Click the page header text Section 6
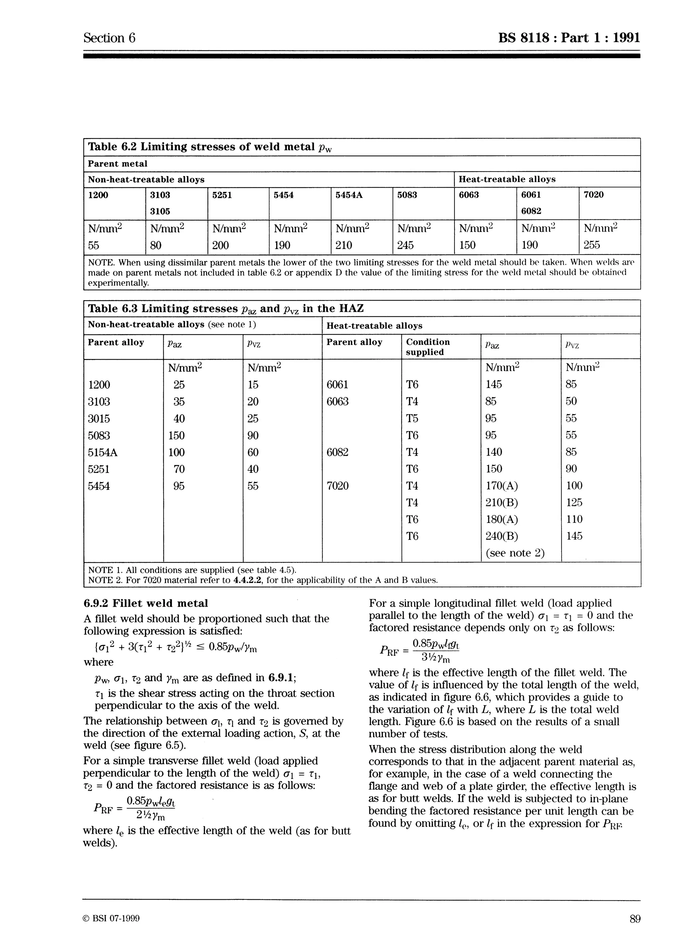[x=109, y=38]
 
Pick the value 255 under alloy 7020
[x=592, y=245]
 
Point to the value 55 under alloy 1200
[x=94, y=245]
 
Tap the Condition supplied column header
[x=428, y=347]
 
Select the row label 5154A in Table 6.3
[x=103, y=452]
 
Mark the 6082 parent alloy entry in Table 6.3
[x=337, y=452]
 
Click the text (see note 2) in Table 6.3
[x=515, y=553]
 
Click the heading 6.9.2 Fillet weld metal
[x=146, y=603]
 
